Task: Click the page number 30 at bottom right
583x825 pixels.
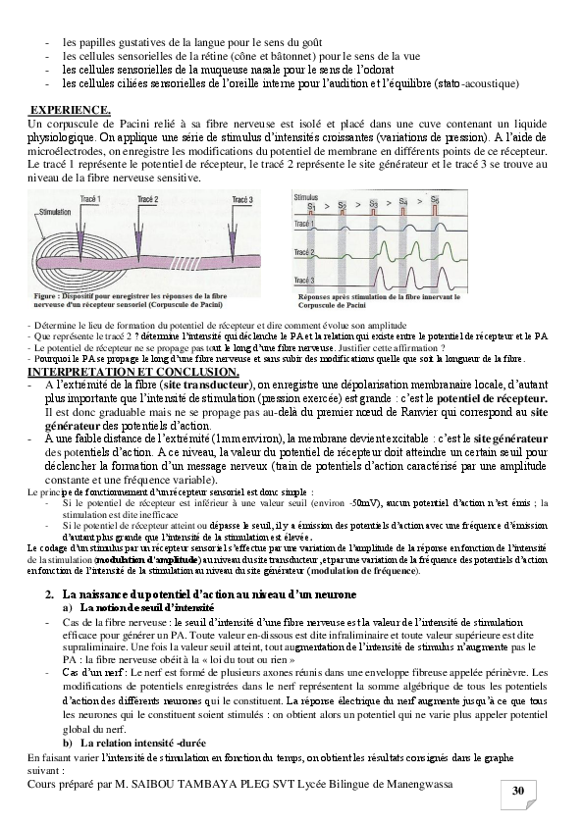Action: click(518, 792)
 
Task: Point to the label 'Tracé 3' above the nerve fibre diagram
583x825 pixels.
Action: click(243, 199)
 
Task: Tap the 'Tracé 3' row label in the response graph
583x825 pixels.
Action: click(305, 281)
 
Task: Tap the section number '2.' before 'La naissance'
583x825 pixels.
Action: click(50, 595)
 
